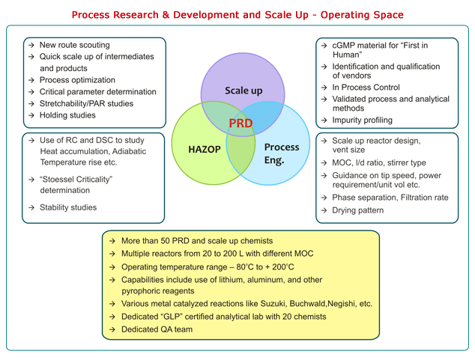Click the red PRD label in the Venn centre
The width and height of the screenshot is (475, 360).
[x=240, y=123]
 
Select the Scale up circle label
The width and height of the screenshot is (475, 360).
[x=243, y=91]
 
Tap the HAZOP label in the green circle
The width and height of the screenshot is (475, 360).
[x=205, y=149]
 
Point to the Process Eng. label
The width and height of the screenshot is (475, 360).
[x=282, y=153]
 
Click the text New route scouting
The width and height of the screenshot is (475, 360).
[x=74, y=45]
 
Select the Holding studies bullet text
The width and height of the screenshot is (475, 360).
[x=67, y=115]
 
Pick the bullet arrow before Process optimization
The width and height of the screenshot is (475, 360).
[x=31, y=80]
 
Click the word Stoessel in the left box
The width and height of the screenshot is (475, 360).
[x=59, y=180]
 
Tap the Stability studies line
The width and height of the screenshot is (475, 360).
[x=68, y=207]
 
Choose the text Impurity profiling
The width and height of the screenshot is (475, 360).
[x=363, y=120]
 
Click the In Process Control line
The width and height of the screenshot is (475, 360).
[x=366, y=88]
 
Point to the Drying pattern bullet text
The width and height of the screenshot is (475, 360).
[x=358, y=210]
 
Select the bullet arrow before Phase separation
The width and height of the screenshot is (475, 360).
[x=324, y=198]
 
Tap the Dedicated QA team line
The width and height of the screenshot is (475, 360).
[x=157, y=329]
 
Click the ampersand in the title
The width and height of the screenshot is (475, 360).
[x=166, y=15]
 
